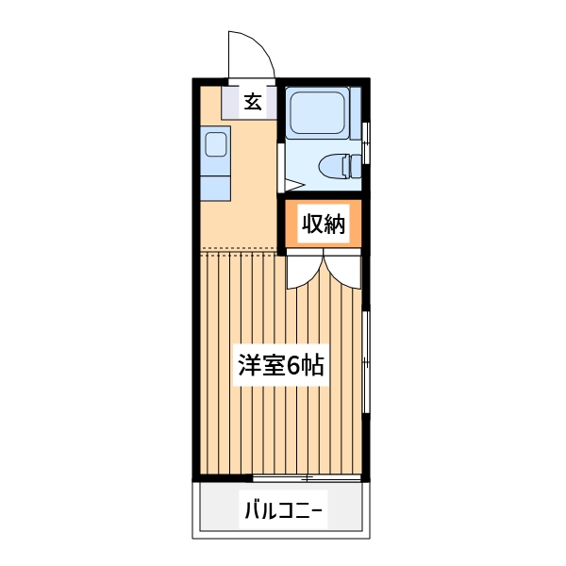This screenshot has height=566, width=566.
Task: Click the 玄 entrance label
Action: coord(253,102)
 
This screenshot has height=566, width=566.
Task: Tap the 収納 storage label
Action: coord(324,225)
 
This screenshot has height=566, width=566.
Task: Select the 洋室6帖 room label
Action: coord(280,365)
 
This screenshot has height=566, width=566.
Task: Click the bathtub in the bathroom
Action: coord(318,114)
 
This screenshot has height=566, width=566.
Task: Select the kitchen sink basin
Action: coord(215,144)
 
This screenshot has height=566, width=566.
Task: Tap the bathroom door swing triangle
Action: coord(291,180)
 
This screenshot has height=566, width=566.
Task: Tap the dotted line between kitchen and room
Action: coord(241,249)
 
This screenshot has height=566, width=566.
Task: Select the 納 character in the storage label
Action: coord(335,225)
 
